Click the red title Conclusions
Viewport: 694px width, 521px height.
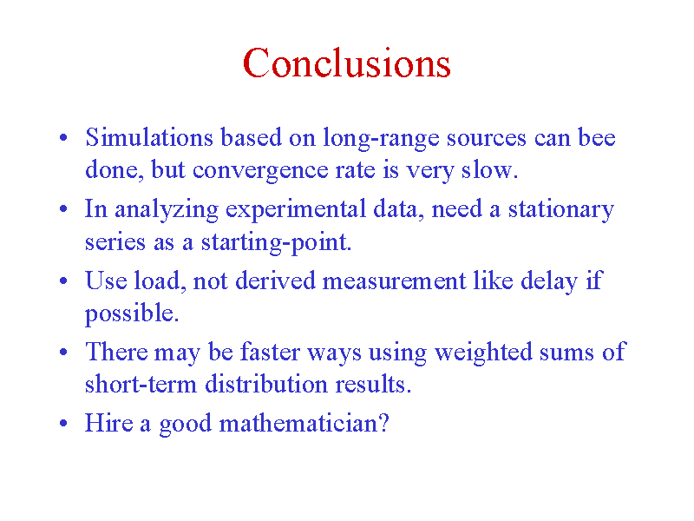point(347,63)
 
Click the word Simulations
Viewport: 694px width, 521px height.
point(149,137)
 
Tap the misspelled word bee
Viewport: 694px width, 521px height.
point(597,137)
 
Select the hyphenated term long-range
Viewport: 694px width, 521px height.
point(381,139)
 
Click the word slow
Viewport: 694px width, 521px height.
point(489,169)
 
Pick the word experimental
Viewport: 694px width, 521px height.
point(296,210)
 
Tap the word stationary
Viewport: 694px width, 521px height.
point(560,210)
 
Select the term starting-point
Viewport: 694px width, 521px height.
point(276,243)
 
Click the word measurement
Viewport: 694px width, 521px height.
point(394,280)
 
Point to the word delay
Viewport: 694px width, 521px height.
point(549,281)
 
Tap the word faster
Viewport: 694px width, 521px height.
point(270,353)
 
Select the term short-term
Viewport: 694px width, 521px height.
point(141,384)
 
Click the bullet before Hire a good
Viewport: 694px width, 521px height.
point(63,424)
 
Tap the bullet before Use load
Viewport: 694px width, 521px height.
point(63,280)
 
